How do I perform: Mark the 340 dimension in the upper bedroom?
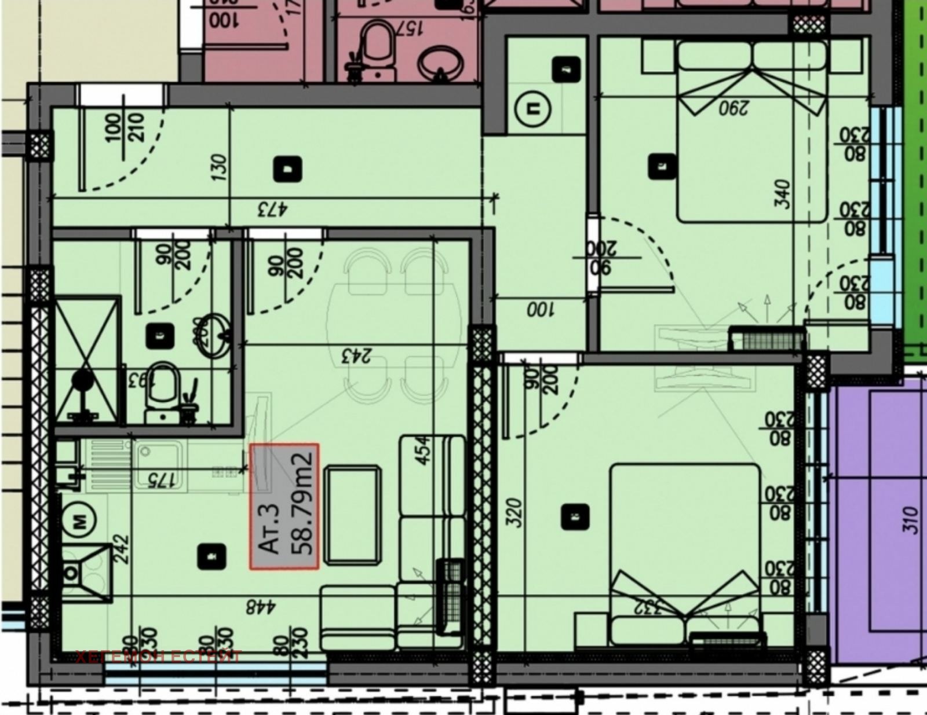tap(782, 195)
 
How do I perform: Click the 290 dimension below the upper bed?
tap(732, 108)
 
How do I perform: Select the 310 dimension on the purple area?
tap(910, 520)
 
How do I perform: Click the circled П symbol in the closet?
tap(531, 108)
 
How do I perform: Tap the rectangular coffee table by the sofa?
tap(352, 514)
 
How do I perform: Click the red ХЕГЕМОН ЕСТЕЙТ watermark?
tap(158, 657)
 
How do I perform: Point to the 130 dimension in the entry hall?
tap(220, 166)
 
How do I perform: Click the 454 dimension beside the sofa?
tap(425, 450)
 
